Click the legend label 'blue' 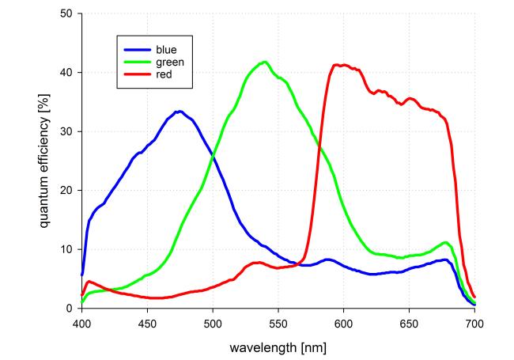pos(167,47)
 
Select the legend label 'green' pos(170,60)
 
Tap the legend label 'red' pos(164,73)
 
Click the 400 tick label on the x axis pos(81,322)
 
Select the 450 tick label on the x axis pos(147,322)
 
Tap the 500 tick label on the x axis pos(213,322)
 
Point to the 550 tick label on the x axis pos(278,322)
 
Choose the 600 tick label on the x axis pos(343,322)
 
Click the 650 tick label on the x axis pos(409,322)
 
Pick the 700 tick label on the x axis pos(474,322)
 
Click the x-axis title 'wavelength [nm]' pos(278,347)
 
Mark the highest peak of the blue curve pos(180,112)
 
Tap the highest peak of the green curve pos(265,62)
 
